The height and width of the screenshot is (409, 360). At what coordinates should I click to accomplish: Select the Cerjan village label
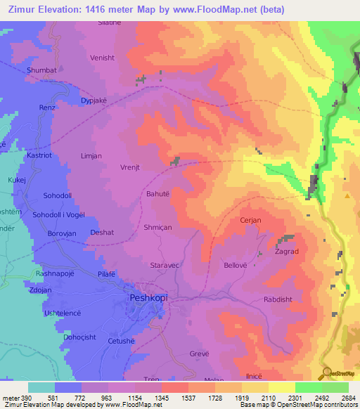(x=250, y=220)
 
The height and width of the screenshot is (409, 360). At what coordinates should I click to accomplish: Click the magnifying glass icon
(x=326, y=372)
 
